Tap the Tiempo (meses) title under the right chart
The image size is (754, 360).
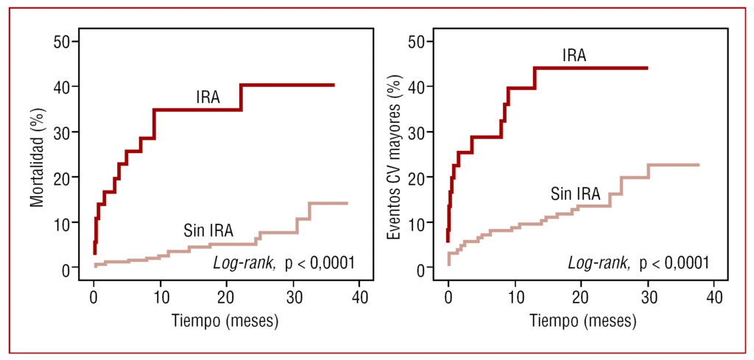pyautogui.click(x=581, y=322)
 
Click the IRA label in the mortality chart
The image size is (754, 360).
pyautogui.click(x=208, y=97)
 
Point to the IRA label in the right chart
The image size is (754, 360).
pyautogui.click(x=574, y=55)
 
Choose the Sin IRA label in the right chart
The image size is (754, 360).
pyautogui.click(x=575, y=194)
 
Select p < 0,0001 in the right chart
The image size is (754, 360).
pyautogui.click(x=674, y=262)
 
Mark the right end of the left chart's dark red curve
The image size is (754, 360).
pyautogui.click(x=334, y=85)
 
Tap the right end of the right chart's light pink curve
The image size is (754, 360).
pyautogui.click(x=698, y=165)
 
